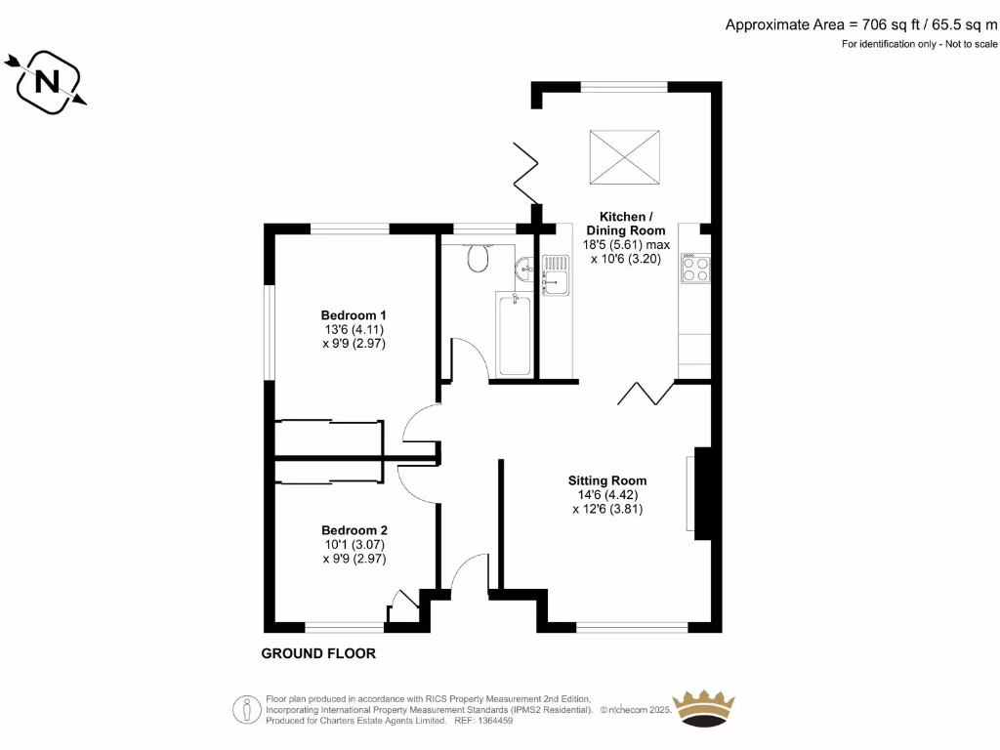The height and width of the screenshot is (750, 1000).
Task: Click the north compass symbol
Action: point(46,82)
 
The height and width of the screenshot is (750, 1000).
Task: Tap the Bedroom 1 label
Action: point(354,315)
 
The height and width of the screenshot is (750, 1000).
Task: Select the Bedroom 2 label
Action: point(354,530)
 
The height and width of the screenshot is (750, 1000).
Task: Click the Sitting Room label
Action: point(607,480)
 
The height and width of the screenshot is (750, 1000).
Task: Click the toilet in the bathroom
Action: point(478,258)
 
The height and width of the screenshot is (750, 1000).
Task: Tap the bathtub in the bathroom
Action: point(514,334)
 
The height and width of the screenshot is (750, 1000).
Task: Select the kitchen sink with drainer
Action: point(556,274)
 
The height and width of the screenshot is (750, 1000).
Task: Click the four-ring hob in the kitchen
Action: point(694,269)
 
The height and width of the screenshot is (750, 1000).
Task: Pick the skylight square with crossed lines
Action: point(624,155)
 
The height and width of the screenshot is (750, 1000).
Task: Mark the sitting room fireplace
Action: point(699,493)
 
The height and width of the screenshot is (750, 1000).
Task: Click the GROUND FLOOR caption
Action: point(318,653)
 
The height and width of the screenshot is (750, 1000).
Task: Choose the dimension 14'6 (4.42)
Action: point(607,495)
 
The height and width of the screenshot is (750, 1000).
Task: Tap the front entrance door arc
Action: point(470,572)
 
